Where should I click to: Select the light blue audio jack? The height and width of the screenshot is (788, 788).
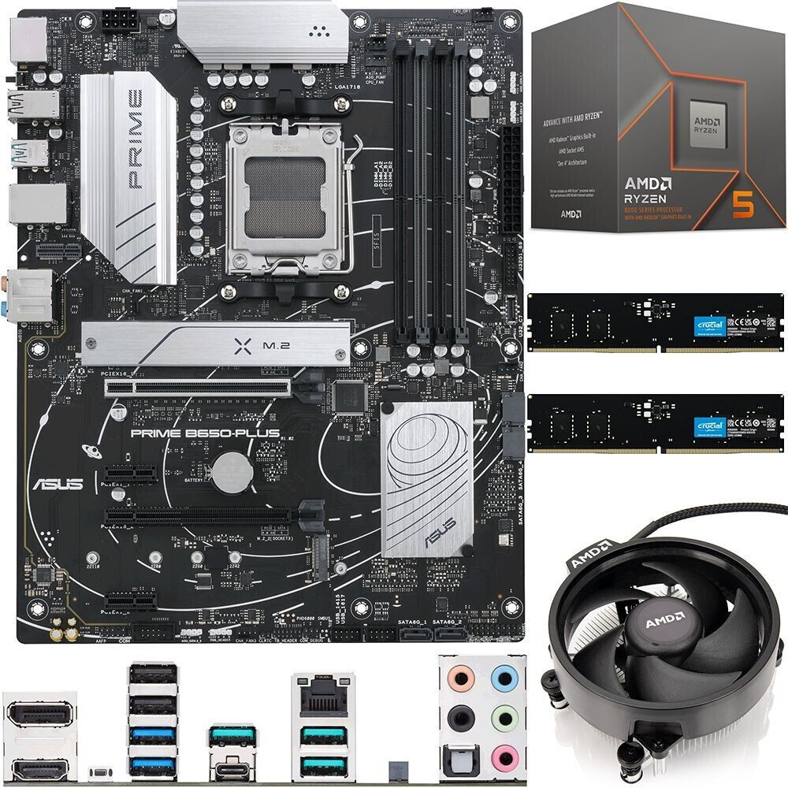[x=501, y=678]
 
